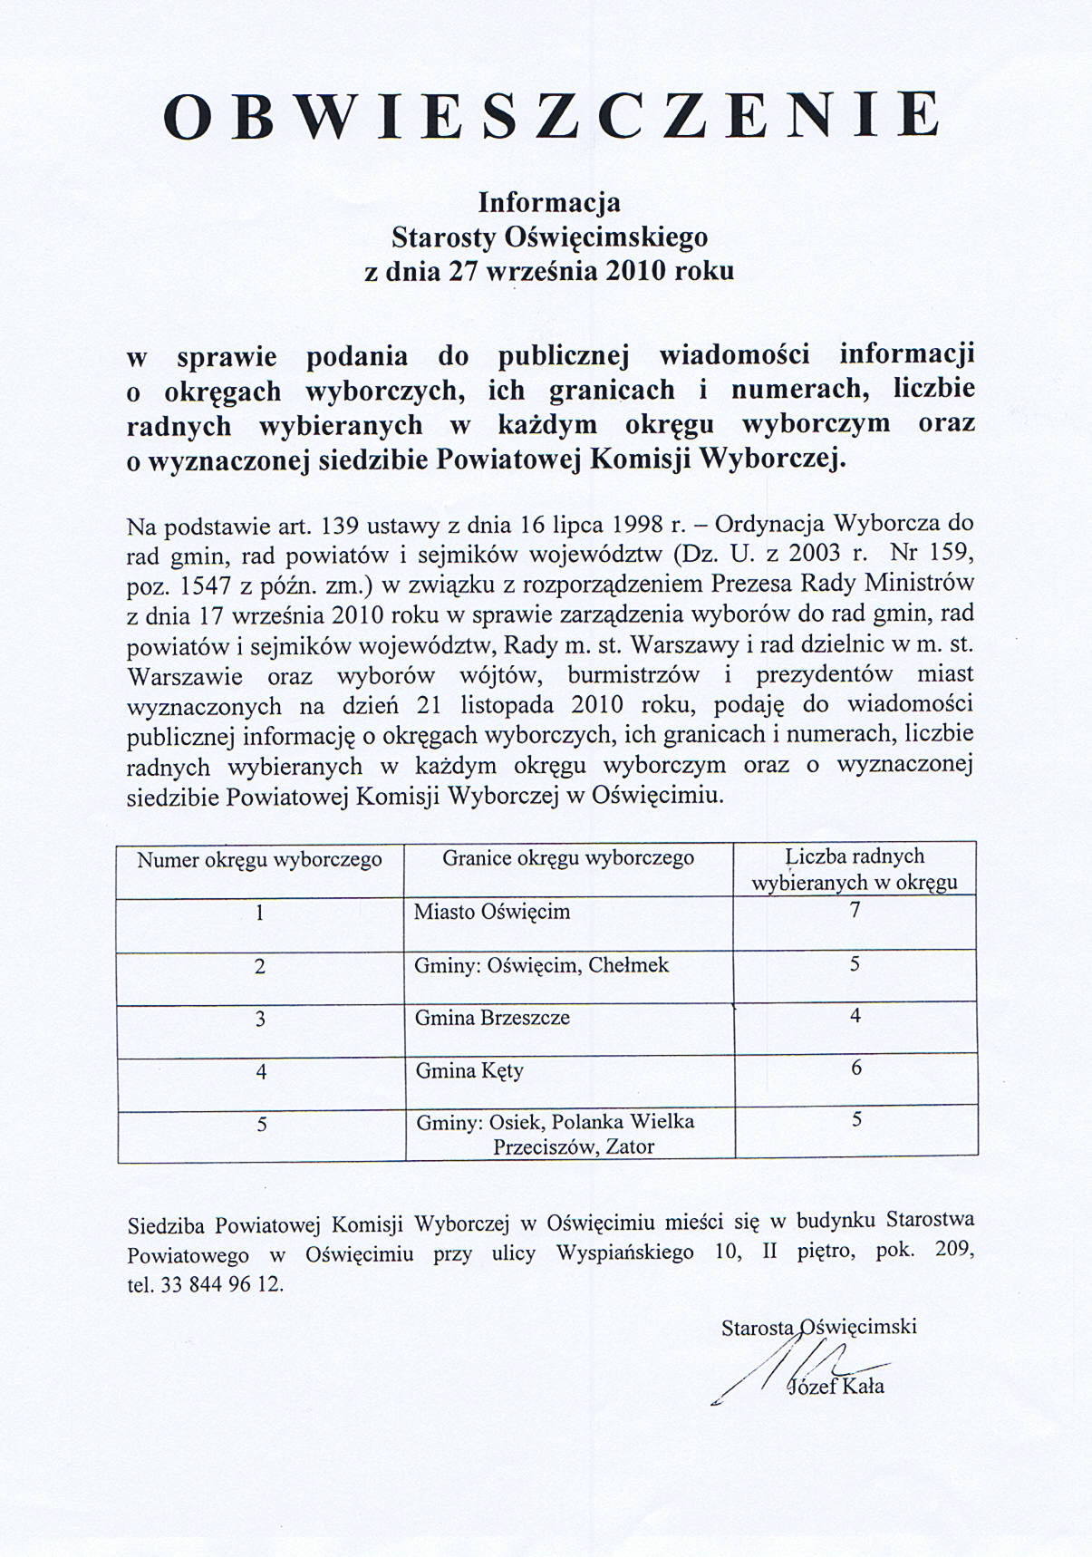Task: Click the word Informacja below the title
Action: [x=549, y=200]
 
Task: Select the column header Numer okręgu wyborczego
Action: [x=259, y=859]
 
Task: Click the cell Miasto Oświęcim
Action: [x=492, y=912]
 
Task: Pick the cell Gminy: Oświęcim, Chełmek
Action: [x=541, y=965]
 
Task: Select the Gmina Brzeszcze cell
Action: [x=492, y=1018]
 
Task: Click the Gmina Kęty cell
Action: [x=469, y=1071]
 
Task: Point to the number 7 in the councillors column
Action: [x=854, y=910]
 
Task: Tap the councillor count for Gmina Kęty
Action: [x=855, y=1069]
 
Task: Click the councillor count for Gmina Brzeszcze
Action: [x=855, y=1016]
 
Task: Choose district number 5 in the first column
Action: [x=261, y=1124]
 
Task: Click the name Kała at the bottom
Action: [x=861, y=1387]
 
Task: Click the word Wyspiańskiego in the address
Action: [x=624, y=1253]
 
